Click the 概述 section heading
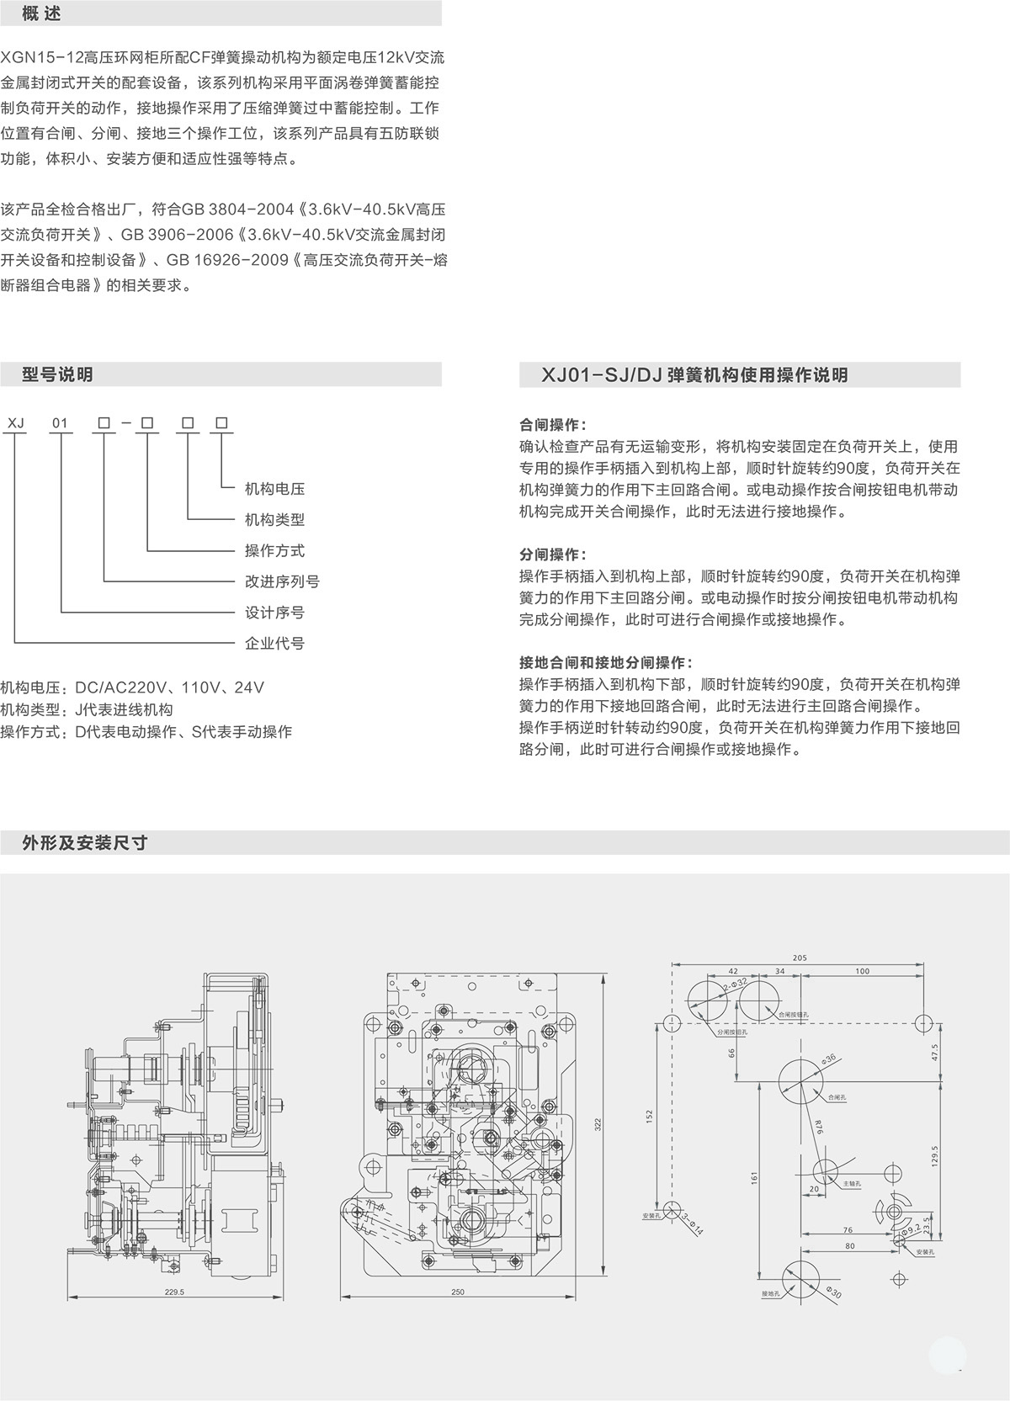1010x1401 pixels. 41,14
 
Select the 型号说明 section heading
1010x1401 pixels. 57,375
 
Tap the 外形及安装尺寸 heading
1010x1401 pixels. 85,842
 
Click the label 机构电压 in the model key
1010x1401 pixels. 274,489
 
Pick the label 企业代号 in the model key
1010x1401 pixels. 274,644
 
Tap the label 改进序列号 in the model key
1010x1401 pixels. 282,581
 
